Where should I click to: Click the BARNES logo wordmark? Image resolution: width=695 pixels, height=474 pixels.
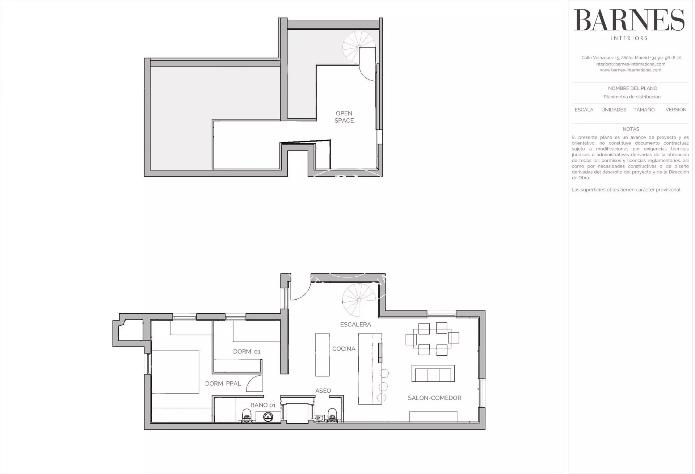[x=629, y=20]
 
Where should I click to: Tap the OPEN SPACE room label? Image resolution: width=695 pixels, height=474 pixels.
[x=344, y=117]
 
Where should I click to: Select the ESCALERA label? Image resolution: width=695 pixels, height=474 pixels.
[x=355, y=325]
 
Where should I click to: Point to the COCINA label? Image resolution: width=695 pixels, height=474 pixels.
[x=344, y=349]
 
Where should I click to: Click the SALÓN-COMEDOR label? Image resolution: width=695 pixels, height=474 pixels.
[x=434, y=398]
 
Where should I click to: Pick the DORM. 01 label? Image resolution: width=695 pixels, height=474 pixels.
[x=247, y=351]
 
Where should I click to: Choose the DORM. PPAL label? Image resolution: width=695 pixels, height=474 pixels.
[x=223, y=384]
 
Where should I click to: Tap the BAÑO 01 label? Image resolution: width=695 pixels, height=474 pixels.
[x=263, y=405]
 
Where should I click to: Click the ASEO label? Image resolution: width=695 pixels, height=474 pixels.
[x=323, y=391]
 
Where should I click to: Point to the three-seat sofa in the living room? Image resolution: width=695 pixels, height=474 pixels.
[x=433, y=373]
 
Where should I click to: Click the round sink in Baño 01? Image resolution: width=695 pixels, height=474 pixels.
[x=268, y=418]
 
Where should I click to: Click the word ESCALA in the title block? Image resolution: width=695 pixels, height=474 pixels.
[x=584, y=110]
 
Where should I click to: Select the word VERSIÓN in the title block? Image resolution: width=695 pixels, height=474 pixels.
[x=676, y=110]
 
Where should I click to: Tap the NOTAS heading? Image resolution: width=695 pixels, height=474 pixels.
[x=631, y=129]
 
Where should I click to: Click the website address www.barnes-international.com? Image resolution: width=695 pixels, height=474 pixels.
[x=630, y=70]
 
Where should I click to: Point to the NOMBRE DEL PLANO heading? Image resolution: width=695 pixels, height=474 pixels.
[x=632, y=88]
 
